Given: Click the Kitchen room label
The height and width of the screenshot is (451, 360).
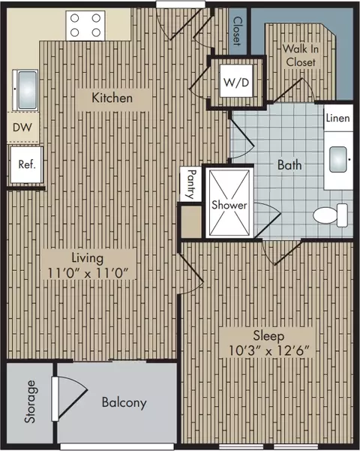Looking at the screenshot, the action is [x=112, y=98].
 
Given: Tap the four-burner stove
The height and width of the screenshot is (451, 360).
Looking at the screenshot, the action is [x=85, y=26].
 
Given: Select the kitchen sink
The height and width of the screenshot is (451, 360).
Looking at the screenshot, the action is [x=25, y=90].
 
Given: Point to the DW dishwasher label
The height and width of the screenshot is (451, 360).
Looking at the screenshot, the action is [x=22, y=128].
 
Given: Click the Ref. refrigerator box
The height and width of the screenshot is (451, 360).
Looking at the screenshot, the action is [x=26, y=164].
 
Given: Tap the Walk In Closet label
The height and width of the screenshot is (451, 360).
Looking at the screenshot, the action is [x=301, y=56].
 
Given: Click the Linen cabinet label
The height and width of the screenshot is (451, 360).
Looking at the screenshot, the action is [x=337, y=118].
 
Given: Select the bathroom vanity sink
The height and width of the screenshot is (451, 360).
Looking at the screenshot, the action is [x=338, y=160].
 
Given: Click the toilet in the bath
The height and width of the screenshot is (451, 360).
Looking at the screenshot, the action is [x=331, y=215].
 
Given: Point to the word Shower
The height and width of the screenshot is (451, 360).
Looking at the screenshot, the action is [x=229, y=205].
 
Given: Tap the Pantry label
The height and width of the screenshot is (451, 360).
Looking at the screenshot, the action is [x=190, y=184].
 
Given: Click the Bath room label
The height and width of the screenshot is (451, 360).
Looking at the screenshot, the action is [x=289, y=165].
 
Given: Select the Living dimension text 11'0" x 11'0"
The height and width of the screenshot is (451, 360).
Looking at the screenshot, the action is [x=88, y=273].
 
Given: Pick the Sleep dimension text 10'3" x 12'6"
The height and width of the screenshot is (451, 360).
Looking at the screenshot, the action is [x=268, y=350].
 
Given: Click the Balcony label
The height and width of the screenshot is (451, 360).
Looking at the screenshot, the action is [x=124, y=402].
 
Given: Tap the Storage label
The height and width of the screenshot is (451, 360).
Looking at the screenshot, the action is [x=31, y=401].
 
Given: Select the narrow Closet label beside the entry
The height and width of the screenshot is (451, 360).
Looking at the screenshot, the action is [x=238, y=31].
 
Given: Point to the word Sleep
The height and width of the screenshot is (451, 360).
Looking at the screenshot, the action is [x=268, y=336].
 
